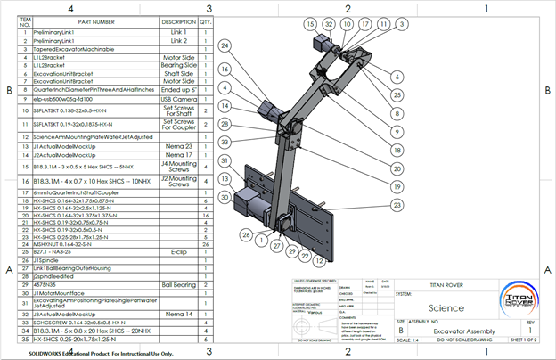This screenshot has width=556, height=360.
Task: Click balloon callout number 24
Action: click(225, 45)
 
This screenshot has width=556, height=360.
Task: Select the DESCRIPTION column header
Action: click(178, 21)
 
